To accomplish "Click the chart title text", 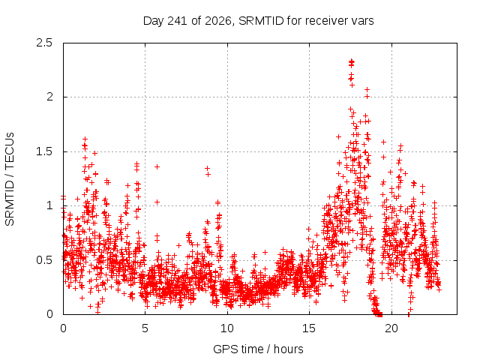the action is click(x=258, y=21).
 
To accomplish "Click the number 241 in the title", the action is click(x=177, y=20).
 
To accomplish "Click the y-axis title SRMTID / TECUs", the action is click(x=10, y=179).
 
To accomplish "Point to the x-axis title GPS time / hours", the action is click(x=258, y=349).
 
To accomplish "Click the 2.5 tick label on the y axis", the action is click(x=44, y=43).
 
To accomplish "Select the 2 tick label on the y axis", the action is click(x=49, y=97).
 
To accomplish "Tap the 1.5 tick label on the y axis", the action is click(x=44, y=151).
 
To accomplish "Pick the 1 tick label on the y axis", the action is click(x=50, y=205).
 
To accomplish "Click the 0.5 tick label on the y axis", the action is click(x=44, y=260).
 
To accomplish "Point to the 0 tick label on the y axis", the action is click(x=49, y=314).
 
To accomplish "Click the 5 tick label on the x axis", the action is click(x=145, y=328).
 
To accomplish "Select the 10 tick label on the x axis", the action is click(x=227, y=328).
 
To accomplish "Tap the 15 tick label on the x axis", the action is click(x=309, y=328).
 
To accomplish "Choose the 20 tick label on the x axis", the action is click(x=391, y=328).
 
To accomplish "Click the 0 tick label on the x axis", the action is click(x=63, y=328).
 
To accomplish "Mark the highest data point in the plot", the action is click(x=352, y=61).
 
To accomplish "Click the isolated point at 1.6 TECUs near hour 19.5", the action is click(x=383, y=142).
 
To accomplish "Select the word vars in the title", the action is click(x=362, y=21).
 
